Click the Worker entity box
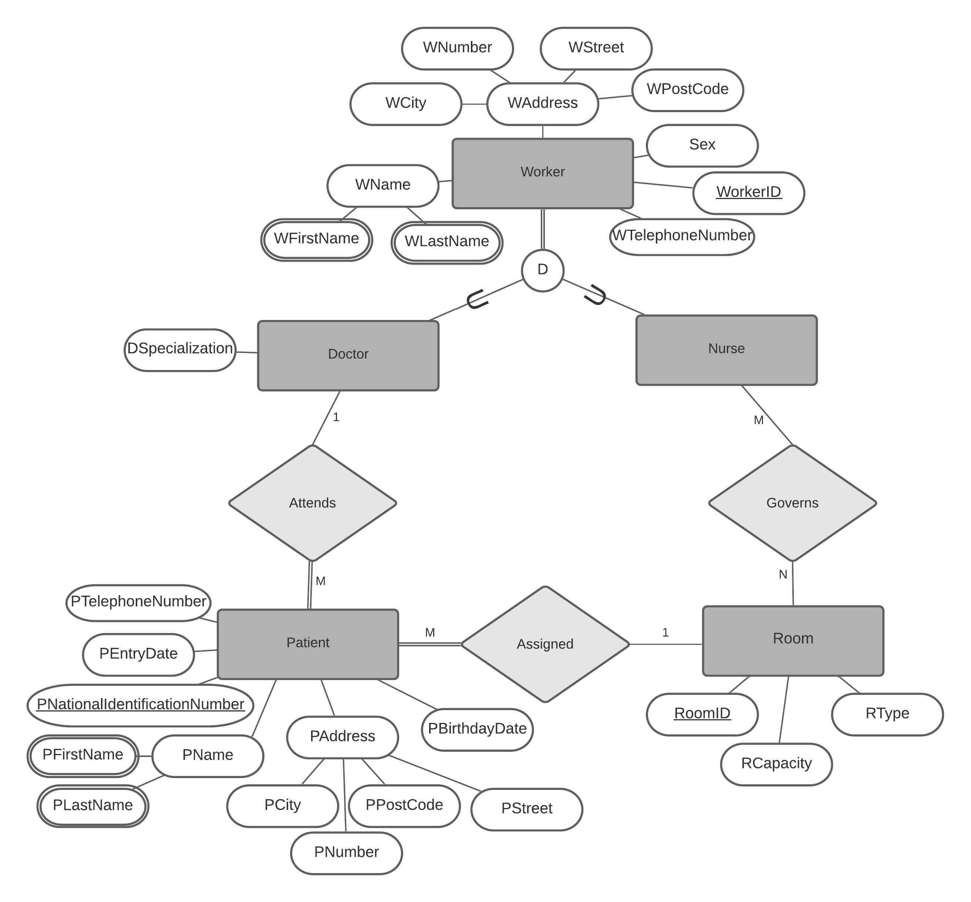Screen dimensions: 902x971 pyautogui.click(x=542, y=173)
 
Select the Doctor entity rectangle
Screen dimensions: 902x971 pyautogui.click(x=348, y=355)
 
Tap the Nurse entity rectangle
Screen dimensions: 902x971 pyautogui.click(x=726, y=350)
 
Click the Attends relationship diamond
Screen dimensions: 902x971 pyautogui.click(x=312, y=503)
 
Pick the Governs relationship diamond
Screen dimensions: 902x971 pyautogui.click(x=792, y=503)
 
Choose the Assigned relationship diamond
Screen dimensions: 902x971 pyautogui.click(x=545, y=644)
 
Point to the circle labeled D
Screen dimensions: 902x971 pyautogui.click(x=542, y=270)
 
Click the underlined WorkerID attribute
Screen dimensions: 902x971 pyautogui.click(x=748, y=192)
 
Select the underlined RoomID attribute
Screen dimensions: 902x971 pyautogui.click(x=702, y=714)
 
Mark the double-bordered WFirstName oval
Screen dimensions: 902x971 pyautogui.click(x=317, y=239)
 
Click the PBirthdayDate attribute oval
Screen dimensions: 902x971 pyautogui.click(x=477, y=729)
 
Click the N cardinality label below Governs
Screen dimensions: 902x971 pyautogui.click(x=783, y=575)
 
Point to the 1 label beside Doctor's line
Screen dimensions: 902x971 pyautogui.click(x=336, y=417)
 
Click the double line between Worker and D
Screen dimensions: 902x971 pyautogui.click(x=542, y=229)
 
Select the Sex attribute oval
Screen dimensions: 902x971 pyautogui.click(x=702, y=145)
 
